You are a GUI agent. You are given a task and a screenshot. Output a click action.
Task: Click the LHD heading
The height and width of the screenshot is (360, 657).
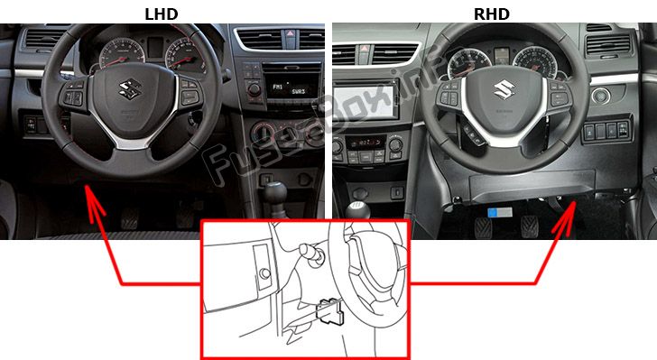tap(162, 14)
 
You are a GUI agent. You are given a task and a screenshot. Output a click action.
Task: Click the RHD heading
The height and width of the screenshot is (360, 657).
tap(492, 14)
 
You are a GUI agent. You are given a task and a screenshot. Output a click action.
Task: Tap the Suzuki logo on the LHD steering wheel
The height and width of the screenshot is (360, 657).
tap(130, 89)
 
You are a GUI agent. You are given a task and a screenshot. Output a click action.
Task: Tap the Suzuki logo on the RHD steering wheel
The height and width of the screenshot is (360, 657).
tap(504, 89)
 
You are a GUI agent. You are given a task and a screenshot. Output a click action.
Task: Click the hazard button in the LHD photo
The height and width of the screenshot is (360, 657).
tap(290, 34)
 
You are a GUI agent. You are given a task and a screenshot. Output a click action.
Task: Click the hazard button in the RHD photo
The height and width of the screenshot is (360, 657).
tap(364, 50)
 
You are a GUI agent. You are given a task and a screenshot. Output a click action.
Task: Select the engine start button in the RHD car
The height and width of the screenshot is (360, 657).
tap(601, 96)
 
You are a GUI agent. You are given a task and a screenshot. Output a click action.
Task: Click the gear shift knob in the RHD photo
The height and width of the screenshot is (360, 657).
tap(357, 209)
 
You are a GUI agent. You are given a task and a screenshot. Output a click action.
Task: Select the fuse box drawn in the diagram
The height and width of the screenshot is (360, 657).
tap(330, 312)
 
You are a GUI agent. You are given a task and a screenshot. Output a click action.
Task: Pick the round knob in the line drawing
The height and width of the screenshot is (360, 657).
tap(264, 273)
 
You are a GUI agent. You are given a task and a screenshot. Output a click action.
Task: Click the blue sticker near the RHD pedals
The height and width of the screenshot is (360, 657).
tap(500, 212)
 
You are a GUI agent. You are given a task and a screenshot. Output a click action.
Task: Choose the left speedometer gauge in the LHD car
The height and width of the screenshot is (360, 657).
tap(122, 53)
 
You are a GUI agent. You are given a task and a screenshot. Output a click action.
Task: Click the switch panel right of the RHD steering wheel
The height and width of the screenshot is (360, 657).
tap(606, 130)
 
